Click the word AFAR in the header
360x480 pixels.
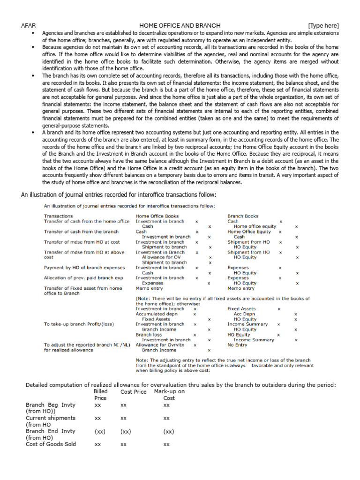point(28,25)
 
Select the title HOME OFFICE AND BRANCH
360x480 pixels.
point(180,25)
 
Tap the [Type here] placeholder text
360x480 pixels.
point(323,25)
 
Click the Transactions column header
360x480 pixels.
point(58,216)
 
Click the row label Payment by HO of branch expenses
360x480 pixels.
point(84,268)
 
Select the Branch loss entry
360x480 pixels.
point(148,335)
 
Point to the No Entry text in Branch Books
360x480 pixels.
point(238,345)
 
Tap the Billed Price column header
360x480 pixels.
point(101,394)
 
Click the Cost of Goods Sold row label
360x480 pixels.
point(51,444)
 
